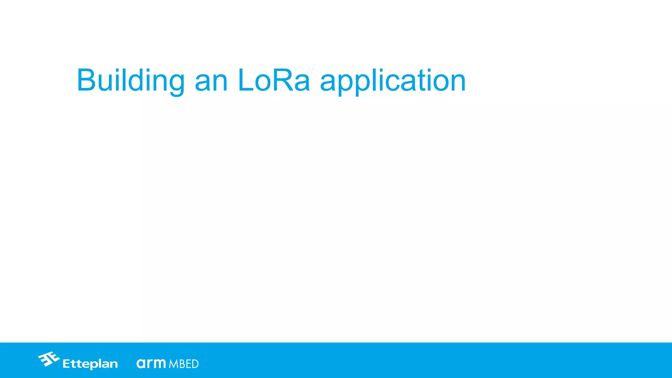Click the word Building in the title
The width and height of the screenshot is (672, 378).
tap(131, 81)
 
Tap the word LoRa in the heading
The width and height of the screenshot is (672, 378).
tap(274, 81)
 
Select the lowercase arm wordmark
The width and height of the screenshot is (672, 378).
tap(151, 363)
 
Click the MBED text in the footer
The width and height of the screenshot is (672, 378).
tap(184, 364)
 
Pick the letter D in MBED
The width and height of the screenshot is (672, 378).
tap(195, 364)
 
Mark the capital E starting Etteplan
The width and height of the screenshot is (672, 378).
tap(66, 364)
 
